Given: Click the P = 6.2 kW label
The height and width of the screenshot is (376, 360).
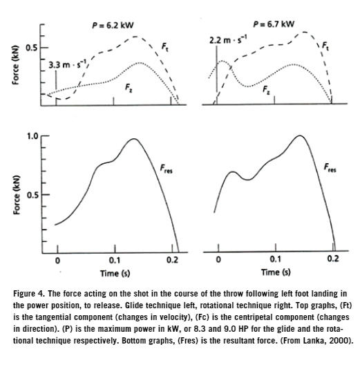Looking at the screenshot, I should coord(112,26).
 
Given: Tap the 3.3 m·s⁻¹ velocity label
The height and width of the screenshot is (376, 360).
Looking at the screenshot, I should coord(69,64).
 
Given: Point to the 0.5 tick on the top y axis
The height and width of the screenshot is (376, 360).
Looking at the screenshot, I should coord(31,48).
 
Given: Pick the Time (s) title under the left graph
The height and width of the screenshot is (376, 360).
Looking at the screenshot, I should coord(115,273).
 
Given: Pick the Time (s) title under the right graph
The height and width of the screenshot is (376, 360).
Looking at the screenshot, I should coord(276,273).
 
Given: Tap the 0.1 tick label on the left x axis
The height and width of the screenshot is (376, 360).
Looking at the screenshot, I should coord(114,261).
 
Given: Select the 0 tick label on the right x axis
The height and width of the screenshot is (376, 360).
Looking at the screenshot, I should coord(219,261).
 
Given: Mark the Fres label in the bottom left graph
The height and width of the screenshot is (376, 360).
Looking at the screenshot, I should coord(166,167).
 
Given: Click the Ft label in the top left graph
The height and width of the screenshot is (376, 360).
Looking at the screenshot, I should coord(164,46).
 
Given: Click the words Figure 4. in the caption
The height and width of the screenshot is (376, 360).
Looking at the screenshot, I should coord(31,293).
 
